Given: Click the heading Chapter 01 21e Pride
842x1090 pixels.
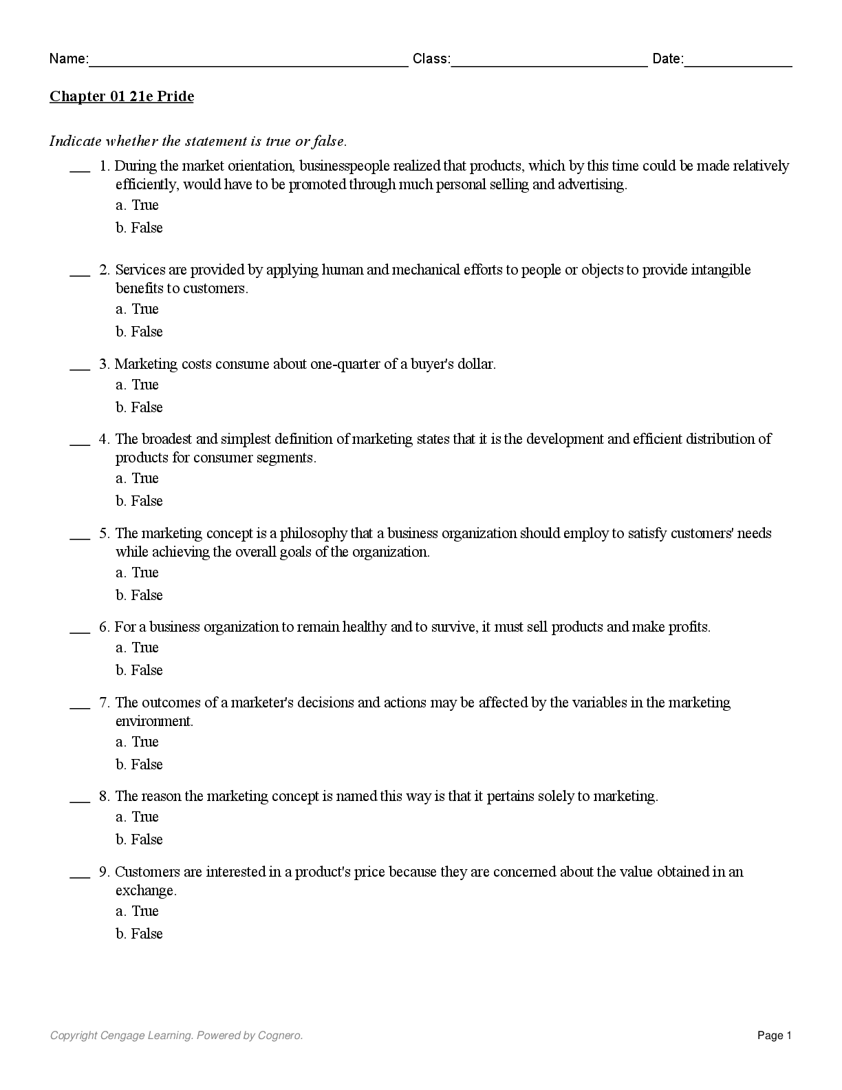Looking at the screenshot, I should coord(121,96).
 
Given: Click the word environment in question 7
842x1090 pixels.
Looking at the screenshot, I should coord(153,721).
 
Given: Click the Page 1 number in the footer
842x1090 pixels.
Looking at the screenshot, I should coord(775,1036).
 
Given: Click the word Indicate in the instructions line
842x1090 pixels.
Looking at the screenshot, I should coord(75,142).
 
